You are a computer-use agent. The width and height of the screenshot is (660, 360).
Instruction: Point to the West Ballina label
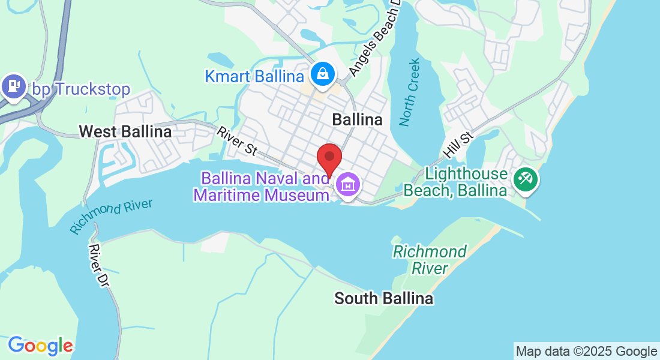click(x=125, y=131)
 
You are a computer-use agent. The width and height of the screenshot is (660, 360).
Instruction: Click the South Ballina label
click(x=383, y=298)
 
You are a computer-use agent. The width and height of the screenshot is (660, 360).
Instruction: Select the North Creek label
click(x=410, y=92)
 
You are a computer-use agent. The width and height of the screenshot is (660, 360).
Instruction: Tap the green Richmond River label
click(x=430, y=259)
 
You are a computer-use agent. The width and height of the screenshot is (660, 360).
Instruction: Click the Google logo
click(x=40, y=346)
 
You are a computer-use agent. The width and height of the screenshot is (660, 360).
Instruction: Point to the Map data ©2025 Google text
click(x=586, y=352)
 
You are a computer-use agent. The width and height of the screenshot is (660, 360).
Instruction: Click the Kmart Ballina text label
click(x=254, y=77)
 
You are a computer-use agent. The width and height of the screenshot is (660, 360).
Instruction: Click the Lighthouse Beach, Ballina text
click(x=455, y=182)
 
